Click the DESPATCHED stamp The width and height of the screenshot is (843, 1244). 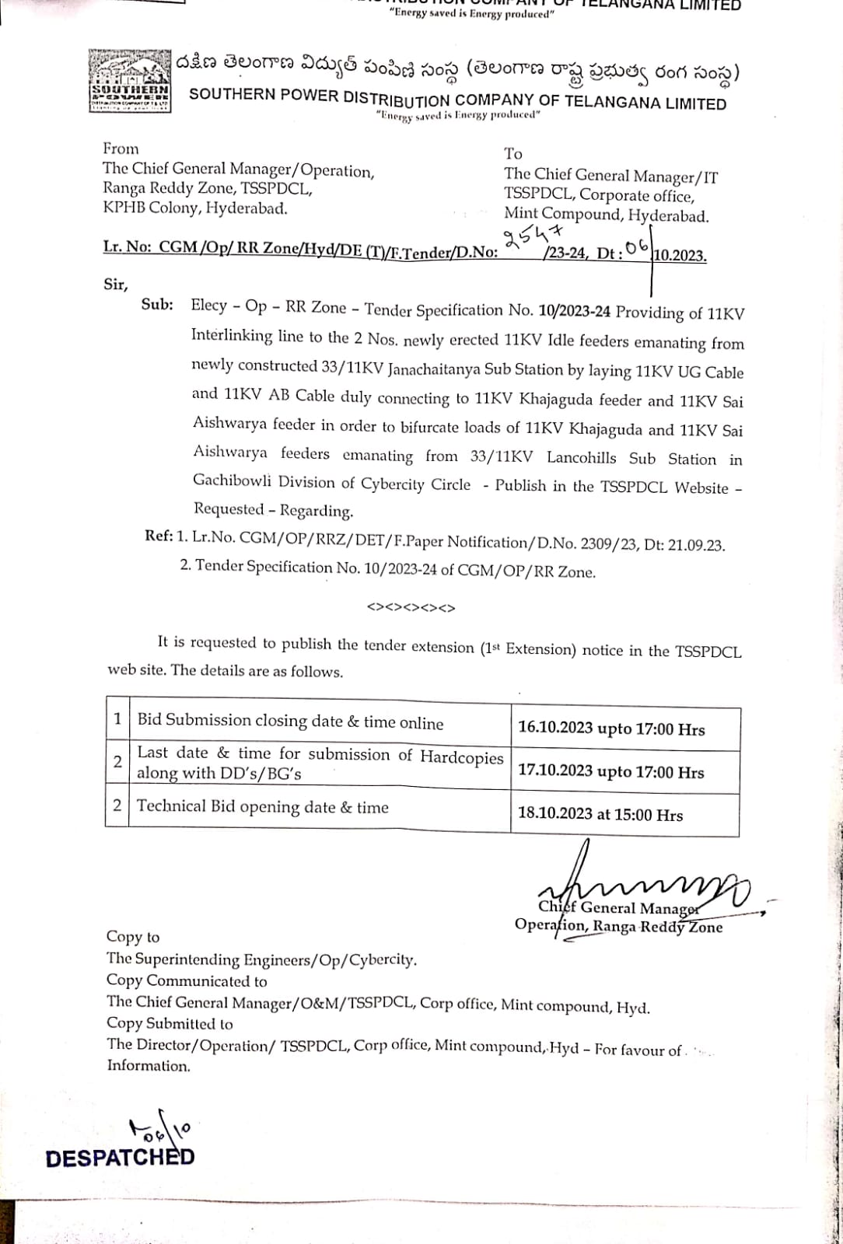click(120, 1158)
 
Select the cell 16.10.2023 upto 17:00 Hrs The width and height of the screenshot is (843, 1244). click(611, 729)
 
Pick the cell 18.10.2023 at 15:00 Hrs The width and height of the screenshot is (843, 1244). click(600, 814)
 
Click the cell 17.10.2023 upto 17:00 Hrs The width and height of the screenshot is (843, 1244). click(610, 772)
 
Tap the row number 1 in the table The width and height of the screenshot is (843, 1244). click(117, 718)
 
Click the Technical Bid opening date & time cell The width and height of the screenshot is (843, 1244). click(263, 807)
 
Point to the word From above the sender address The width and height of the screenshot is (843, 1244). click(121, 149)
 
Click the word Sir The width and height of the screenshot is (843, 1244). click(115, 284)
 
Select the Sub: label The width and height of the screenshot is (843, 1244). click(157, 305)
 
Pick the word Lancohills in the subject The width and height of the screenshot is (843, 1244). click(581, 457)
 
